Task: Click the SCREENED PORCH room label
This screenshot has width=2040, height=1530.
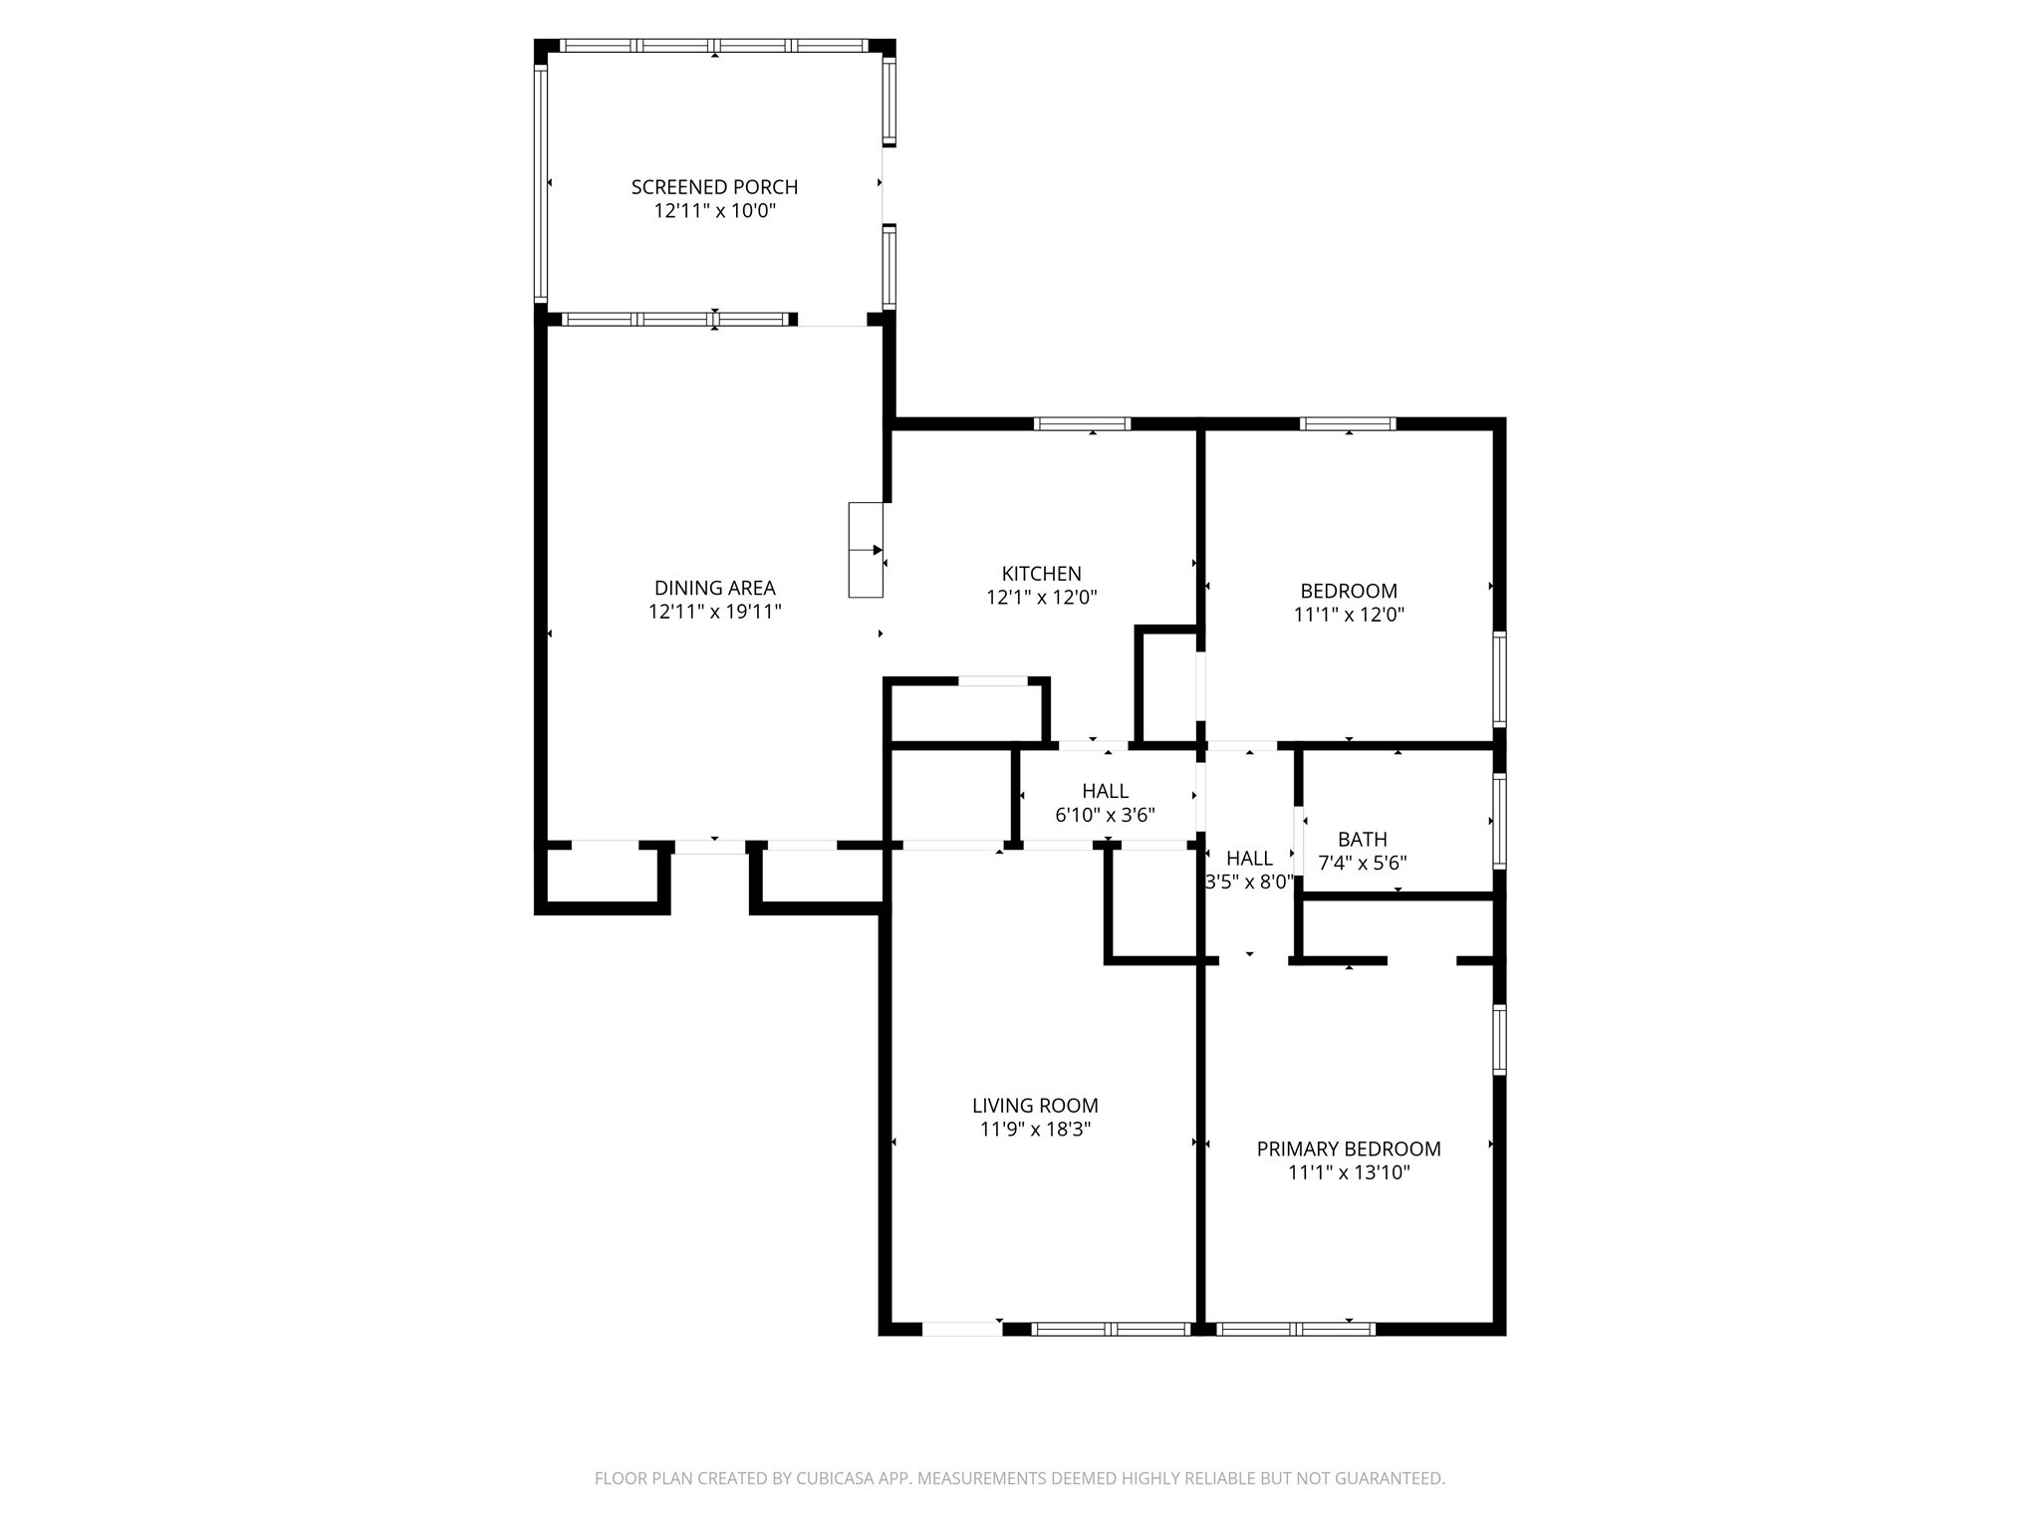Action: point(714,186)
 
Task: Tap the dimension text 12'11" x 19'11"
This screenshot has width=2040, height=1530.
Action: point(714,612)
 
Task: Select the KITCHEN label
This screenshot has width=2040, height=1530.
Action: point(1041,573)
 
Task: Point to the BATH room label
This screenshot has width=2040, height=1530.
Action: point(1362,839)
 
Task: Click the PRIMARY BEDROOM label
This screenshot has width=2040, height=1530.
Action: point(1348,1148)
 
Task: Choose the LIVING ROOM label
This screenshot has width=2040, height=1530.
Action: point(1035,1105)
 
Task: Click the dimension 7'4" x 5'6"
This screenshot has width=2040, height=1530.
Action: point(1362,863)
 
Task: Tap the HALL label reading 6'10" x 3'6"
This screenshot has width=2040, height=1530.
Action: point(1105,791)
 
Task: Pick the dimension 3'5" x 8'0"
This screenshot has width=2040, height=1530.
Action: point(1249,882)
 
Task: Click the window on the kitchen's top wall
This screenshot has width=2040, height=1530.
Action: point(1082,423)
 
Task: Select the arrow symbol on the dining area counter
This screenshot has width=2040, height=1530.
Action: point(877,550)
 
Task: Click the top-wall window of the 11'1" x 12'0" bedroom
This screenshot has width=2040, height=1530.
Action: point(1349,423)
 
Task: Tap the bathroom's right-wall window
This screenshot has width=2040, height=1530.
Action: point(1499,821)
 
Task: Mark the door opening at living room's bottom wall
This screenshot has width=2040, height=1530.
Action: point(961,1328)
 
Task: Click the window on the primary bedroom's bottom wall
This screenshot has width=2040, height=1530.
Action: point(1295,1328)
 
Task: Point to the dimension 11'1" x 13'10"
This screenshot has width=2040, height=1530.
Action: point(1348,1172)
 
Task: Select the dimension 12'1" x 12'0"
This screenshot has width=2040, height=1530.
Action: point(1041,598)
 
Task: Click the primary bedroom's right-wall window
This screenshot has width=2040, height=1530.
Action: point(1499,1039)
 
